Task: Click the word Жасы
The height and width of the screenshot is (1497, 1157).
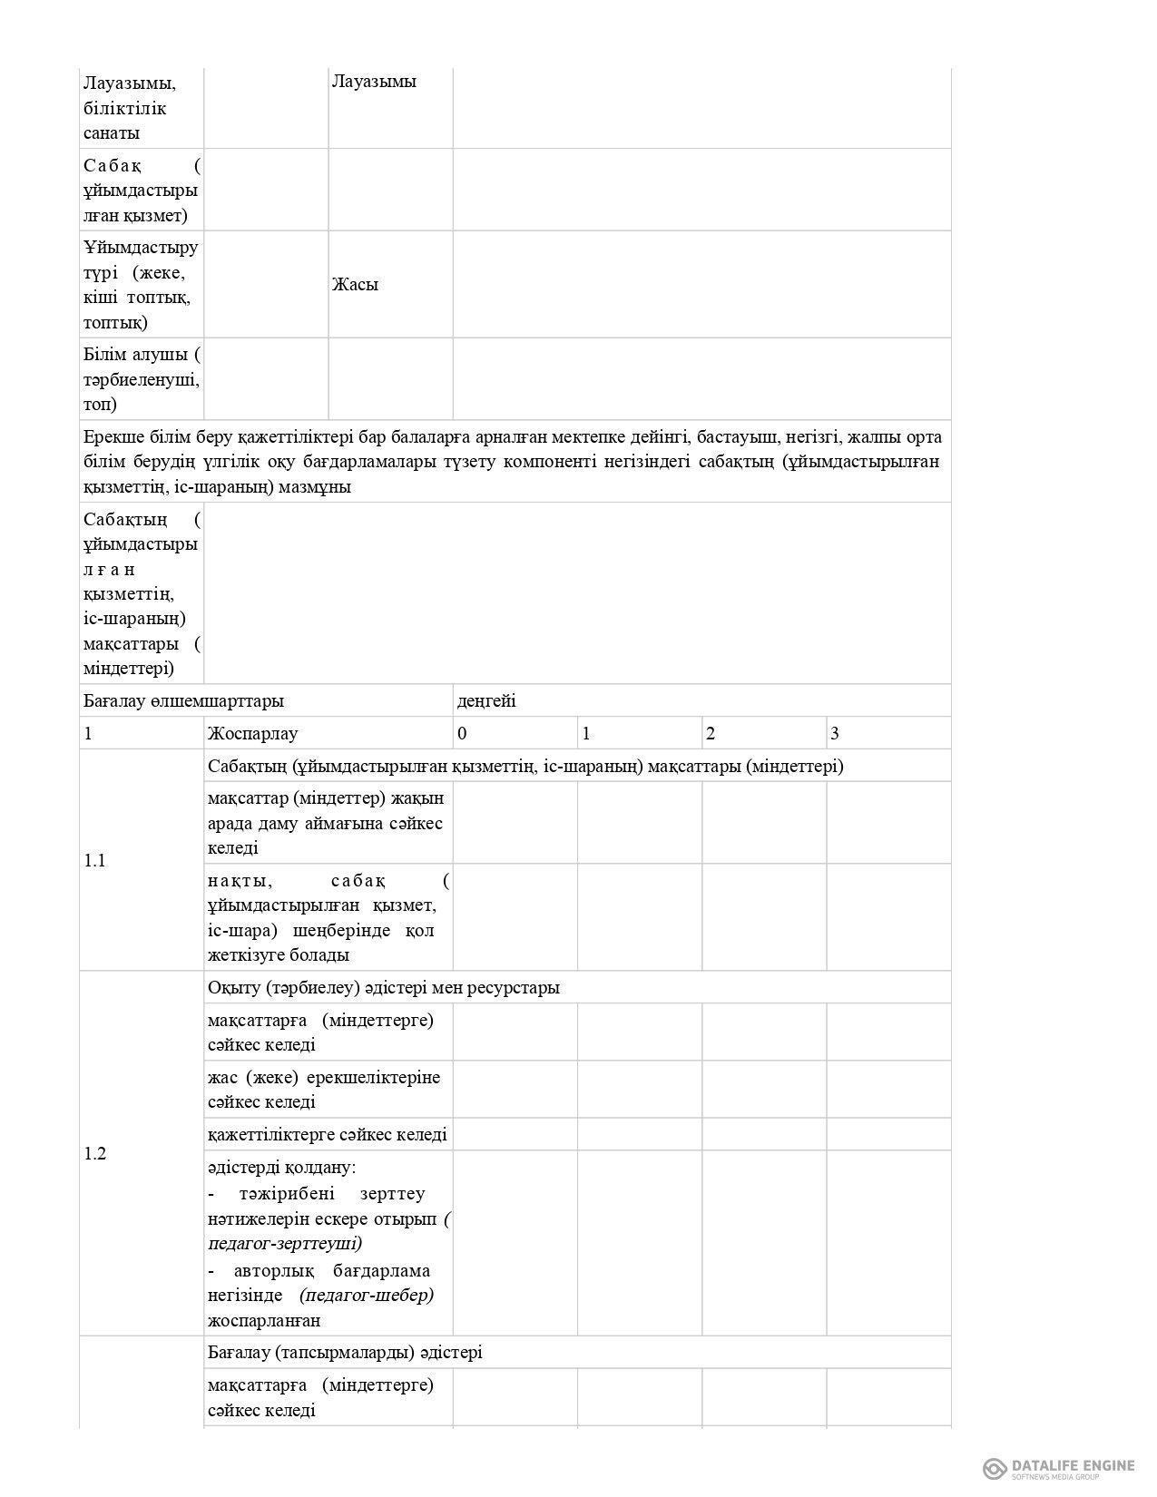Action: (x=355, y=284)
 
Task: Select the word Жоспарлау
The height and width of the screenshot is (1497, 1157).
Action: (x=252, y=733)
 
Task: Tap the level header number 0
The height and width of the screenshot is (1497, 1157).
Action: (x=463, y=733)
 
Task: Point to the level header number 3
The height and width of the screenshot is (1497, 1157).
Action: (x=835, y=733)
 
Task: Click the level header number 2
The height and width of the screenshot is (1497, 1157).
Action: (x=711, y=733)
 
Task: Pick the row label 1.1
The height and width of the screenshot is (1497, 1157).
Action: (x=95, y=860)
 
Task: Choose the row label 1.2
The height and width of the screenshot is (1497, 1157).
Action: (x=95, y=1153)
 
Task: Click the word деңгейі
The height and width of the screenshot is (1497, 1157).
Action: (x=486, y=700)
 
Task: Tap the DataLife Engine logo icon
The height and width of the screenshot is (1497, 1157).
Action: (x=995, y=1468)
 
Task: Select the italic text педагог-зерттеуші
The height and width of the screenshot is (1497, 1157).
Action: (x=285, y=1243)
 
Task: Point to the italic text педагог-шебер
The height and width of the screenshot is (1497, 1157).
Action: (x=366, y=1295)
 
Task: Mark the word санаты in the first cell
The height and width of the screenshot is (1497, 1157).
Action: (x=112, y=132)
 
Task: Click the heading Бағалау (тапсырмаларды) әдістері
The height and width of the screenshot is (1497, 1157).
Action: (x=345, y=1352)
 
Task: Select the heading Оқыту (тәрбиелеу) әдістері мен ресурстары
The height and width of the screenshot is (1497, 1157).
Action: (x=384, y=987)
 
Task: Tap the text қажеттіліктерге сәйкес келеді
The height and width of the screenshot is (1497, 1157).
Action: (x=328, y=1134)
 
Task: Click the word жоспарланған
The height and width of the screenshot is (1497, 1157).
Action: (x=264, y=1320)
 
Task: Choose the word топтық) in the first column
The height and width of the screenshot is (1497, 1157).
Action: (x=115, y=322)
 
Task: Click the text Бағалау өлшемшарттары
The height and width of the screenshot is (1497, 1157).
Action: (x=183, y=700)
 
